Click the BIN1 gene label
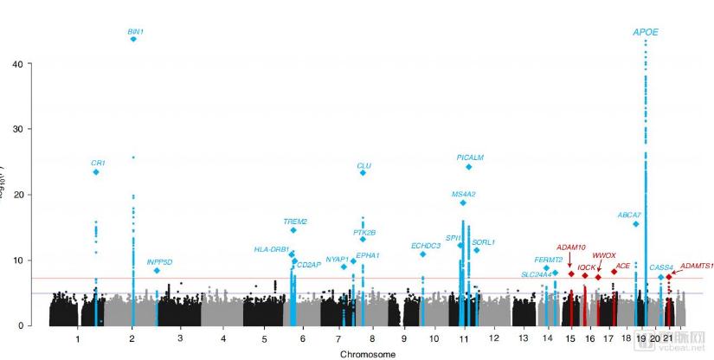point(135,32)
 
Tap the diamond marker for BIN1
point(133,40)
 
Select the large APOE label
point(646,32)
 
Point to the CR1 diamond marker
point(96,172)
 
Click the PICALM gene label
point(470,157)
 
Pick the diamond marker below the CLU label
point(363,173)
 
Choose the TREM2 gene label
point(295,222)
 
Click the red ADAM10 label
point(571,247)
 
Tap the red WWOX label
point(604,255)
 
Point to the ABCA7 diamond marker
point(636,224)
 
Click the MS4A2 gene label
point(464,194)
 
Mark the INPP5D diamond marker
point(157,271)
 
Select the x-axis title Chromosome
point(368,354)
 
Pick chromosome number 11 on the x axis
point(464,337)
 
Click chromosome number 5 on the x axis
point(265,337)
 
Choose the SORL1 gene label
point(484,242)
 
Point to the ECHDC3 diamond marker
point(422,254)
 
